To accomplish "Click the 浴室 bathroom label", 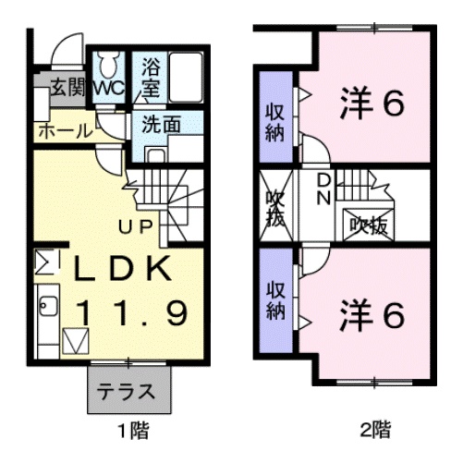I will coord(152,79).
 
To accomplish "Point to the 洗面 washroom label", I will coord(160,124).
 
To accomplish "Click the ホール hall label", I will coord(65,130).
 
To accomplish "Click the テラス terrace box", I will coord(130,389).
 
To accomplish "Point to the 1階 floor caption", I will coord(130,429).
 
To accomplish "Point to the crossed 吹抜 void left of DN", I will coord(275,208).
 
